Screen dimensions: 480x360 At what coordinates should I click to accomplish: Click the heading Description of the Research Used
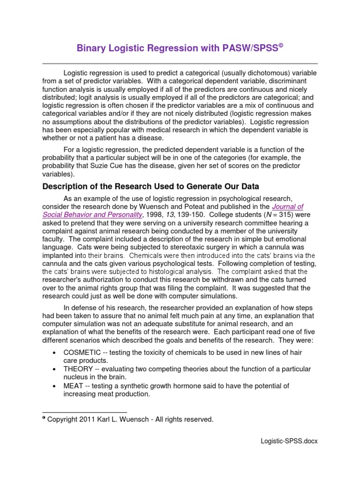(x=150, y=186)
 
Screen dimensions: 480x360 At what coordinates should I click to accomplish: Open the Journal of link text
(x=288, y=206)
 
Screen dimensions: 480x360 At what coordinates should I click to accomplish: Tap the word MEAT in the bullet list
(x=73, y=386)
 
